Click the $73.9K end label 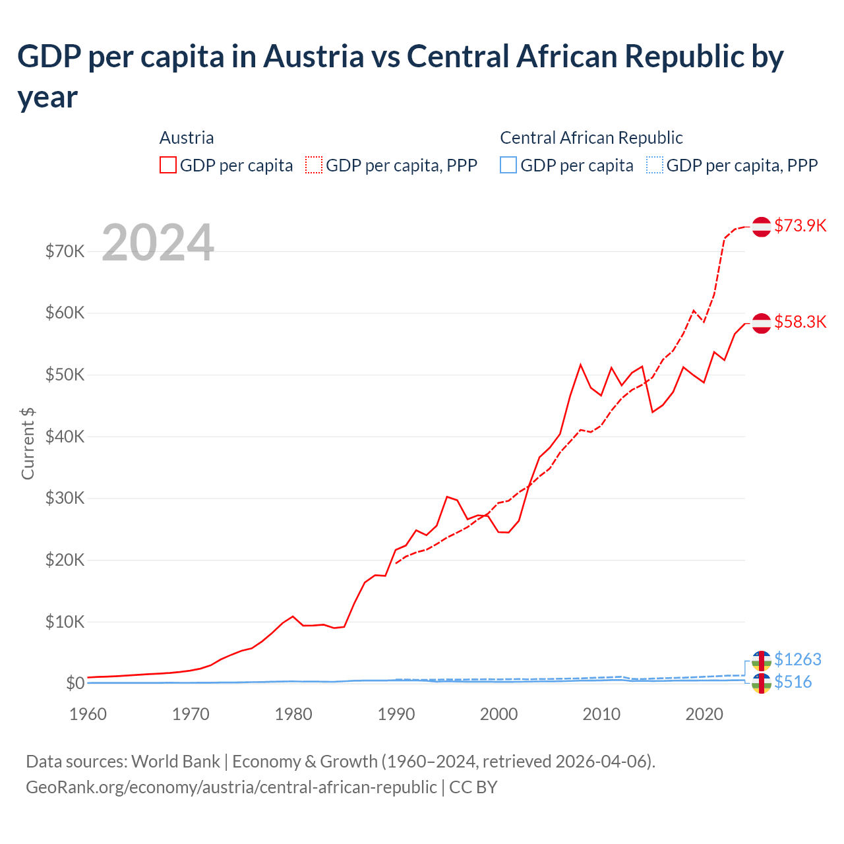800,226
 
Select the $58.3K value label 800,322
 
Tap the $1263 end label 797,659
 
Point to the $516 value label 793,682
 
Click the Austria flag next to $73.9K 762,226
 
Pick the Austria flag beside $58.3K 762,323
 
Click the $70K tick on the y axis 65,251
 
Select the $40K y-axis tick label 65,437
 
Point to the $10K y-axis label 65,622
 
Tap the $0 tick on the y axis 75,683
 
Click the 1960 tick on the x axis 88,714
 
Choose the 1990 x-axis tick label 396,714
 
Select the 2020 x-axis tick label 704,714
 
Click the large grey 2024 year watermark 158,243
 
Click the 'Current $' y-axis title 28,443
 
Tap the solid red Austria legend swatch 168,165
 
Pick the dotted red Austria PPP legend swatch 314,165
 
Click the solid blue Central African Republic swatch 508,165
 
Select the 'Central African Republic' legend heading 591,138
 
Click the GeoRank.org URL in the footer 231,787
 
